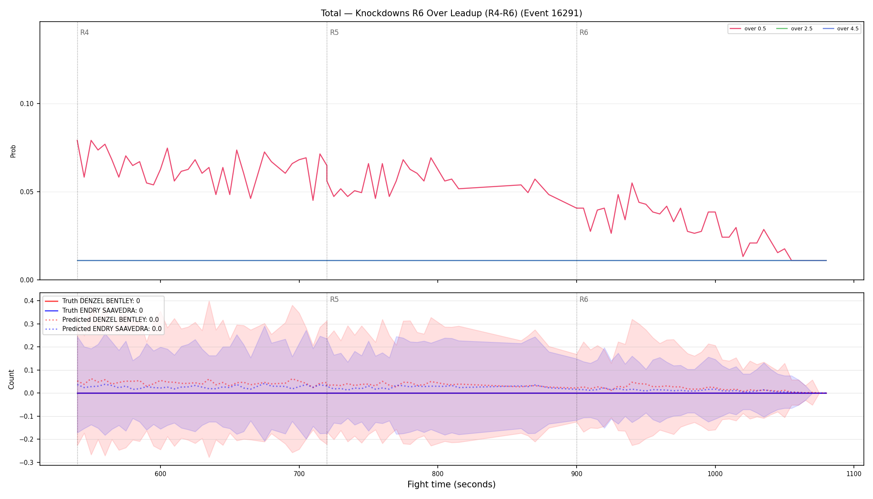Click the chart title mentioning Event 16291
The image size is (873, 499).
click(x=451, y=13)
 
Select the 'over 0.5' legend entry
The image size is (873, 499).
click(x=748, y=29)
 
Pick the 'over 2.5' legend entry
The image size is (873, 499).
click(x=794, y=29)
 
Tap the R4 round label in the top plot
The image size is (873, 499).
click(x=84, y=32)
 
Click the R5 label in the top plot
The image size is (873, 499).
click(x=334, y=32)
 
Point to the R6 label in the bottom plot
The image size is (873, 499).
click(x=584, y=299)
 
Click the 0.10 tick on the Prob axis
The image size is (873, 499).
click(x=27, y=104)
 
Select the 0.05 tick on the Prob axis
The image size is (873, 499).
click(x=27, y=192)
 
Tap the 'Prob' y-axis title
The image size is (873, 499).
click(x=13, y=151)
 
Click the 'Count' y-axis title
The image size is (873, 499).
click(x=11, y=379)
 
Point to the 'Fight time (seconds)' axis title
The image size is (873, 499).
click(x=451, y=484)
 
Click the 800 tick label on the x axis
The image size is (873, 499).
click(x=438, y=474)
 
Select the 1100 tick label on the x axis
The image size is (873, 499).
click(x=854, y=474)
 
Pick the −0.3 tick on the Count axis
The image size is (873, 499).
click(x=29, y=462)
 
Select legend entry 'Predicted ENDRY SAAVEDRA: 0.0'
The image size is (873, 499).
click(x=103, y=329)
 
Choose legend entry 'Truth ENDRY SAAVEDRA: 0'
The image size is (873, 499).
click(x=94, y=311)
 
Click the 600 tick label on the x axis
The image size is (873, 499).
click(x=160, y=474)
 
